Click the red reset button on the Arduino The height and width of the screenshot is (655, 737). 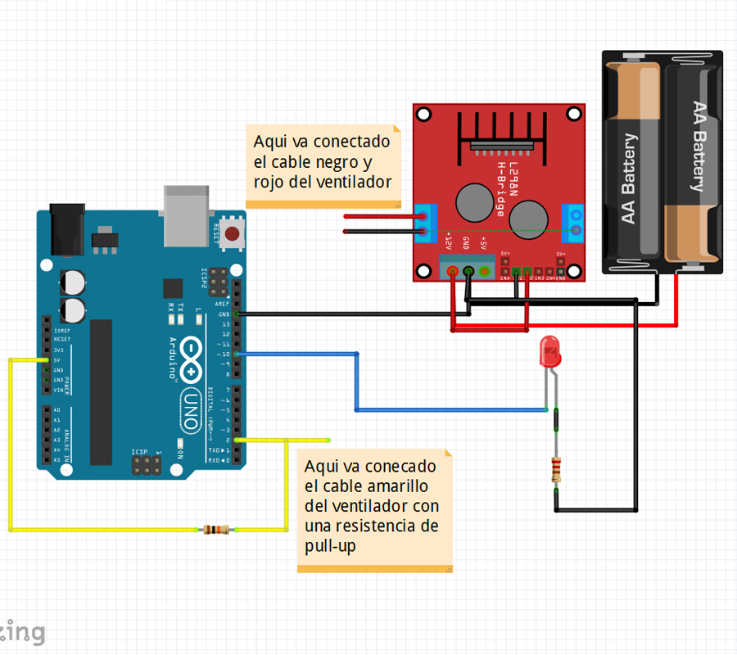tap(233, 234)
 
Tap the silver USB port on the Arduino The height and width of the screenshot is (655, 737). tap(188, 215)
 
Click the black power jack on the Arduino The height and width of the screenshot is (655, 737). tap(68, 229)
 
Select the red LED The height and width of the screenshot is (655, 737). tap(549, 353)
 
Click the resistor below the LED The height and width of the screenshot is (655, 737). tap(558, 469)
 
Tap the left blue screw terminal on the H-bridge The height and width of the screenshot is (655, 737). tap(426, 222)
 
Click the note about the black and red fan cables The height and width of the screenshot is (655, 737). tap(323, 162)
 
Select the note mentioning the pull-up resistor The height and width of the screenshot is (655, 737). tap(373, 506)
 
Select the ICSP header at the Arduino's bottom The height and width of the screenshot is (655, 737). tap(147, 466)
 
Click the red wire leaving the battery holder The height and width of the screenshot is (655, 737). tap(676, 303)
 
